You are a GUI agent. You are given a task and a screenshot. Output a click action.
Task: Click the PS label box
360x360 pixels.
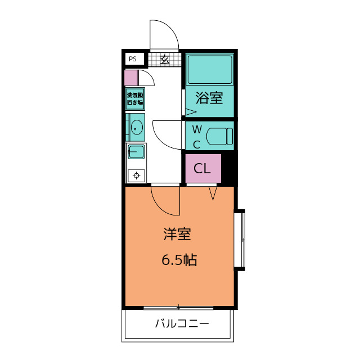point(133,58)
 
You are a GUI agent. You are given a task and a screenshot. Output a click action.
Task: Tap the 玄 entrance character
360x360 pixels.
point(165,59)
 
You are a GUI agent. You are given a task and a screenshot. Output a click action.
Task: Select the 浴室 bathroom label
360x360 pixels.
point(209,98)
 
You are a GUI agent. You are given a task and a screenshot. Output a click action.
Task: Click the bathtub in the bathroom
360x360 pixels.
point(209,69)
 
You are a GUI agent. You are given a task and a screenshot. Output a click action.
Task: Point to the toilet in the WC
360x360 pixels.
point(219,136)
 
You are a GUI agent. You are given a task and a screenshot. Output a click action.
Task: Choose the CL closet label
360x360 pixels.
point(202,168)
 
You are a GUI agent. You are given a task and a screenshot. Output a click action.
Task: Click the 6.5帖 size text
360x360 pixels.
point(179,260)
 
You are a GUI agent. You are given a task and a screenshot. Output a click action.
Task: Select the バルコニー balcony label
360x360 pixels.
point(182,324)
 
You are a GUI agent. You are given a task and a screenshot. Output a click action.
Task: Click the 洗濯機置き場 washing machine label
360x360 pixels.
point(135,99)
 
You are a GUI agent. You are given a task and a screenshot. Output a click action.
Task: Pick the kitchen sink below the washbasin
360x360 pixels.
point(136,151)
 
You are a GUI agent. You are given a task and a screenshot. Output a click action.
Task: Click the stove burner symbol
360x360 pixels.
point(136,175)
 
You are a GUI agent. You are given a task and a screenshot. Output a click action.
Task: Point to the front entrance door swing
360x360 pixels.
point(164,35)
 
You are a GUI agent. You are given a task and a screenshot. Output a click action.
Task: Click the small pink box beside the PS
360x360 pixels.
point(131,78)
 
